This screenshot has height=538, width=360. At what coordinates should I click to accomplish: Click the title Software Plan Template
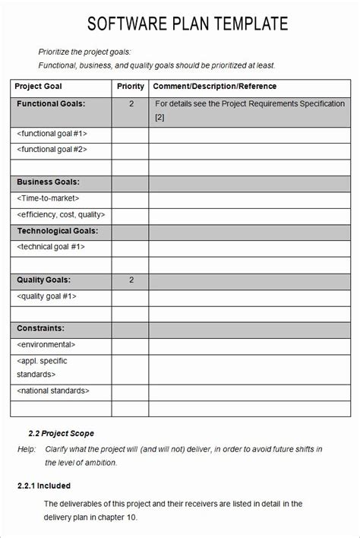(x=188, y=24)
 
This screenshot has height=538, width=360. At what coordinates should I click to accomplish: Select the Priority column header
(x=131, y=87)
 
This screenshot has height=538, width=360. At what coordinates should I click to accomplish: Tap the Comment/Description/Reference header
(x=215, y=87)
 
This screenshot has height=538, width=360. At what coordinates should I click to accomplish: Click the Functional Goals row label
(x=51, y=103)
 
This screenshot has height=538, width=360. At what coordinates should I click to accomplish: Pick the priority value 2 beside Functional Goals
(x=131, y=103)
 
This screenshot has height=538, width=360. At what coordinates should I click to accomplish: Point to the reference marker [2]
(x=159, y=117)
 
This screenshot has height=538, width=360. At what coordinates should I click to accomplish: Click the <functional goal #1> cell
(x=52, y=134)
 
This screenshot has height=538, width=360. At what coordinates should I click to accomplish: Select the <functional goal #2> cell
(x=52, y=150)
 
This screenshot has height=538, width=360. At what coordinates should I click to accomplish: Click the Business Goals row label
(x=48, y=182)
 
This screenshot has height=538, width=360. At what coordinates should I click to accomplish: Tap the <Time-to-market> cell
(x=48, y=198)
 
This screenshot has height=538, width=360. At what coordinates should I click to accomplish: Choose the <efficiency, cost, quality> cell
(x=61, y=215)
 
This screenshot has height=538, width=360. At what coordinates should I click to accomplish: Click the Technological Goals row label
(x=58, y=231)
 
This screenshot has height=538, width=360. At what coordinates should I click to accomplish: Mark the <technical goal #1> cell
(x=51, y=247)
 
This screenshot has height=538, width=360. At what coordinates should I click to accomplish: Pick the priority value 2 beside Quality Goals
(x=131, y=280)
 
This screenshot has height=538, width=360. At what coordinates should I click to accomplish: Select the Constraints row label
(x=40, y=328)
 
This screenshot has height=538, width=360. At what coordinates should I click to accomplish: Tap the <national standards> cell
(x=53, y=391)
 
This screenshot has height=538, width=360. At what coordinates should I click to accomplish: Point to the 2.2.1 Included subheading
(x=44, y=486)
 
